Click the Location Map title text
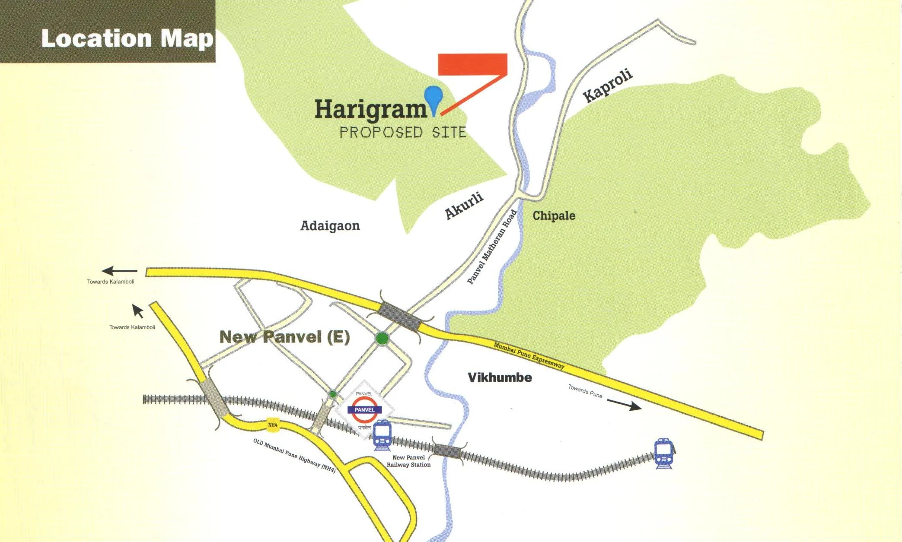pos(127,38)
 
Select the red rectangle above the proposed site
pos(472,64)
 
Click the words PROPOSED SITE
pos(403,132)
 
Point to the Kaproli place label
pos(608,86)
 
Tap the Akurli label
pos(464,206)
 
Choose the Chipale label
pos(554,216)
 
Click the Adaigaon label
pos(330,225)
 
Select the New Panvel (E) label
pos(284,337)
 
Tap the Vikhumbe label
pos(500,377)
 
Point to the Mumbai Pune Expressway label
pos(529,355)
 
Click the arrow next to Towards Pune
pos(624,405)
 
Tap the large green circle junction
pos(382,339)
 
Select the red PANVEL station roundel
pos(364,410)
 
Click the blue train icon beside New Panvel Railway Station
pos(382,435)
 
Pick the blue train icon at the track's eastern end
pos(663,453)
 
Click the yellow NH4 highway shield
pos(273,425)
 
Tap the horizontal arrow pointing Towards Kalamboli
pos(119,271)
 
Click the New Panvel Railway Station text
pos(408,461)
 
